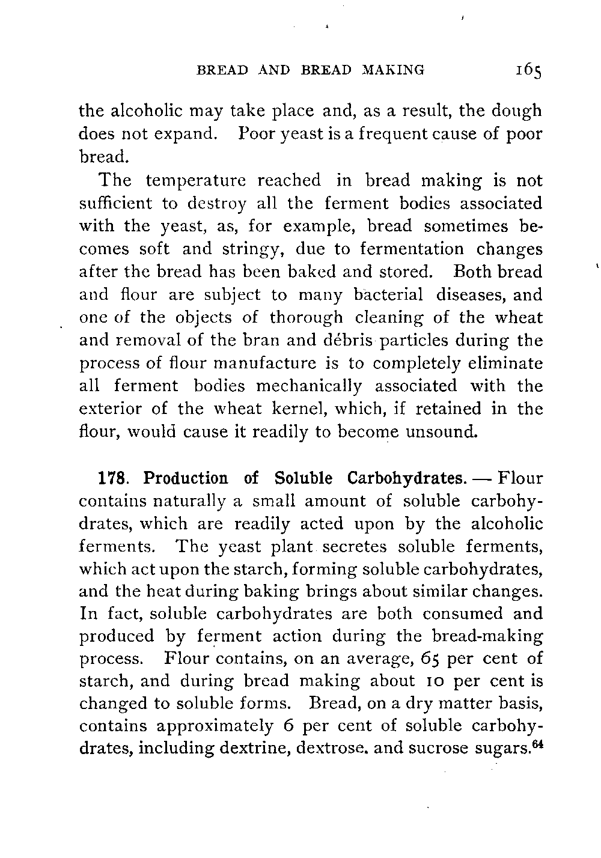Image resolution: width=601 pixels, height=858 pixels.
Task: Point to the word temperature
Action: tap(195, 181)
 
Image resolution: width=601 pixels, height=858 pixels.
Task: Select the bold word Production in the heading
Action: tap(187, 479)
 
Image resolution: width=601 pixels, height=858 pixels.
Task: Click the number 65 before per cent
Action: tap(429, 659)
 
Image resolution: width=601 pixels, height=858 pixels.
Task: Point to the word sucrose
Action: tap(438, 749)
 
